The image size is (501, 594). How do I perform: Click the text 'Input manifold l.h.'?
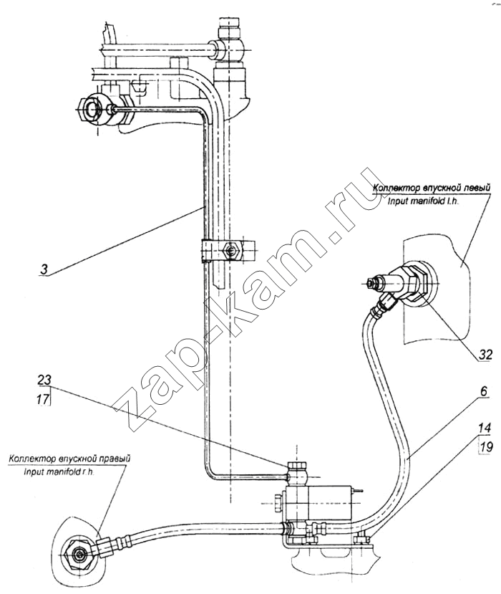click(x=431, y=201)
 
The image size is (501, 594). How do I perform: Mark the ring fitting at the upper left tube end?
click(x=94, y=110)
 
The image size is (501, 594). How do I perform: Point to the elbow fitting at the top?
click(x=230, y=45)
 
